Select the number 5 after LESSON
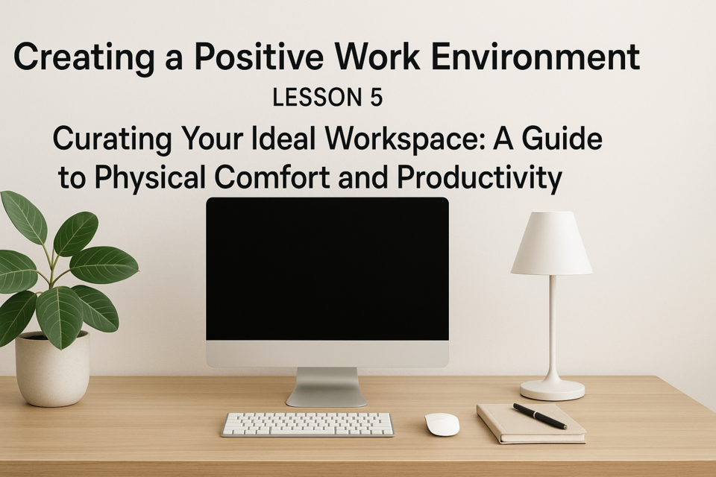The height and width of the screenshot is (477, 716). (x=376, y=98)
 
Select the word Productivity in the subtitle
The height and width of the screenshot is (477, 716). (x=480, y=178)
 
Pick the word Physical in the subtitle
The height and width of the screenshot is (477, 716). (x=150, y=178)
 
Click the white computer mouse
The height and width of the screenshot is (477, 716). (x=442, y=424)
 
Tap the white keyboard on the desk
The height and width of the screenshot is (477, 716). (x=308, y=425)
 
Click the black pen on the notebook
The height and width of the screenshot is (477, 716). (x=540, y=416)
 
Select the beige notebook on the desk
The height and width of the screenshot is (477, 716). (x=531, y=423)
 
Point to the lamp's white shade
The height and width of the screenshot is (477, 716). (x=552, y=243)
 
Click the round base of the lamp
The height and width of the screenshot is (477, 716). (x=553, y=391)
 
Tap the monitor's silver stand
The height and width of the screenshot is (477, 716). (x=327, y=387)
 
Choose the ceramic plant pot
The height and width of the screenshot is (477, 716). (x=52, y=369)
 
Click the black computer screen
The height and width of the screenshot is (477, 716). (x=327, y=269)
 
